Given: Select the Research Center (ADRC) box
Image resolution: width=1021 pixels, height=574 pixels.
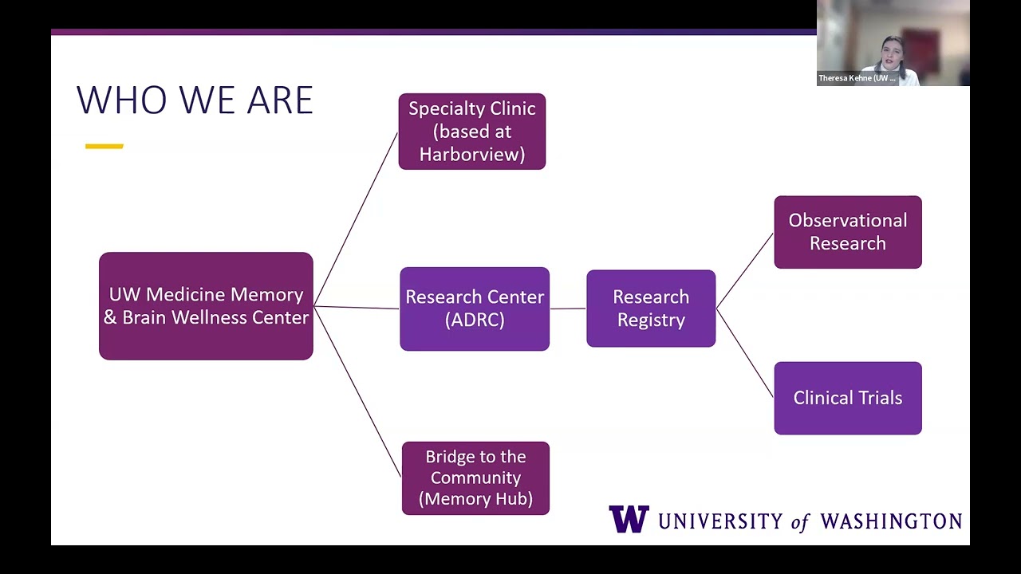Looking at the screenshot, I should [475, 309].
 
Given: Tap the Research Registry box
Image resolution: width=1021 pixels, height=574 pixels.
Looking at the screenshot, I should [651, 309].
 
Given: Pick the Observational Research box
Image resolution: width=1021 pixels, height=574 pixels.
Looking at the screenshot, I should [847, 232].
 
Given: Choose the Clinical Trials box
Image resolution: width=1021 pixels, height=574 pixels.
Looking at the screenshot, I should [847, 398].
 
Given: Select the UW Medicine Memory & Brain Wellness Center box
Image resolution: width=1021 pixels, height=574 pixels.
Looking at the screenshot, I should [206, 306].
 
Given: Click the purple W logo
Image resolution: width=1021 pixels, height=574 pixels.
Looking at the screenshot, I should [629, 519].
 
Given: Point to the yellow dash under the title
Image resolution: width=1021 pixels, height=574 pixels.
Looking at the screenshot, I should [104, 146].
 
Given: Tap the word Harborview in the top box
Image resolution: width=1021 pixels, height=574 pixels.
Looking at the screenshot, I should [471, 155].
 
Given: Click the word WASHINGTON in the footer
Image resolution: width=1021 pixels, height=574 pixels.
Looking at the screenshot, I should [890, 521].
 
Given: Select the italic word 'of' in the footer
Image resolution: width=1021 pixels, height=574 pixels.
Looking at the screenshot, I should [800, 522].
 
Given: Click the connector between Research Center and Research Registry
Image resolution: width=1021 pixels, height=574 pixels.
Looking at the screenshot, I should [568, 309].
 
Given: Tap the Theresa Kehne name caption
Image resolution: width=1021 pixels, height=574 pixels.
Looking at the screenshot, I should [857, 78].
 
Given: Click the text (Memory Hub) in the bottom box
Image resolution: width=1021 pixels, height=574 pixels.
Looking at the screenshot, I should [475, 499].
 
